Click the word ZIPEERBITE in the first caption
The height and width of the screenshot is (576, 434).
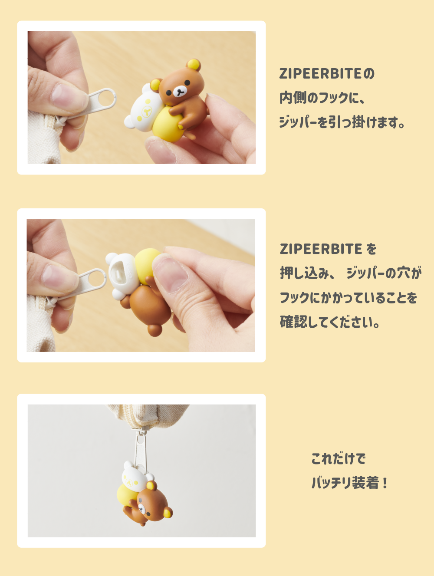320,74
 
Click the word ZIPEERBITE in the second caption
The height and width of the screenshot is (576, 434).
321,249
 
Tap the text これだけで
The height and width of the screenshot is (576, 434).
339,458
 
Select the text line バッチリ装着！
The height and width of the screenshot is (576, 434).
349,483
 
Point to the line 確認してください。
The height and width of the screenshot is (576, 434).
330,322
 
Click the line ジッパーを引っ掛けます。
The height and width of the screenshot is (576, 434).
342,122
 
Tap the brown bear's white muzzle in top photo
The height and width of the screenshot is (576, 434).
179,92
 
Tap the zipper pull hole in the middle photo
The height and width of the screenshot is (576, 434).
96,279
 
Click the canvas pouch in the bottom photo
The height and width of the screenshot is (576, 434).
148,415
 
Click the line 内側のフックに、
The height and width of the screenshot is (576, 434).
322,98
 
